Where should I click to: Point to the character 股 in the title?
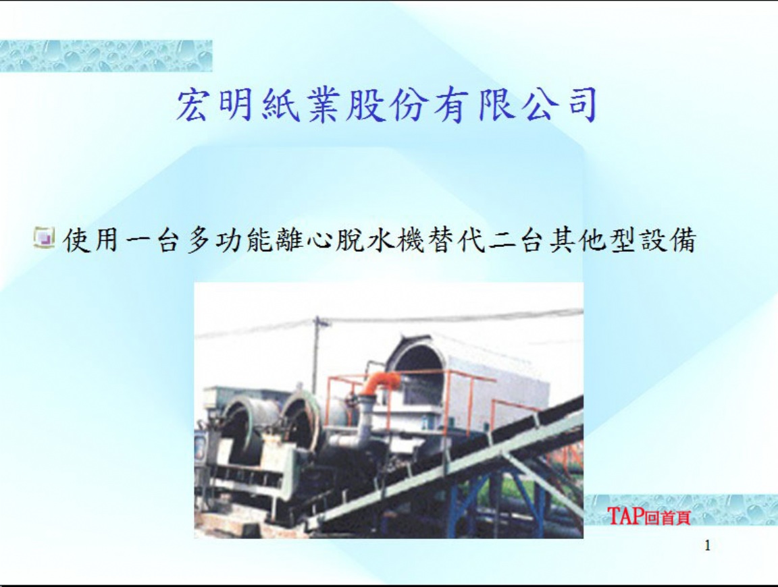point(366,105)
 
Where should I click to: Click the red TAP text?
point(625,516)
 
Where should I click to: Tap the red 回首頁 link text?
point(667,518)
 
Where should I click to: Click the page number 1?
point(708,546)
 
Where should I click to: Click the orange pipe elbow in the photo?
point(382,383)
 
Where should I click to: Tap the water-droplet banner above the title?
point(105,56)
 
